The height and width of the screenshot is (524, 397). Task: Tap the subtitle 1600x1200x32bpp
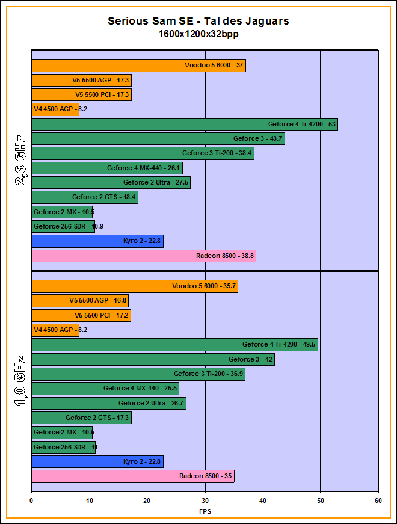click(x=198, y=34)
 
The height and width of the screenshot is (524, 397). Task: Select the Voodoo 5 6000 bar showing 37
click(x=138, y=66)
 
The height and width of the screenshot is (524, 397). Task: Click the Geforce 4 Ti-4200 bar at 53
click(x=184, y=125)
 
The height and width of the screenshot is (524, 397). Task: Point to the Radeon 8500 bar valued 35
click(x=132, y=476)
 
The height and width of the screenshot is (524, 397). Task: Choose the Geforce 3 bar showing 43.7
click(x=158, y=139)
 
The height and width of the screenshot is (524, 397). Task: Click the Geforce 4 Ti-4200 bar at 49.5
click(x=174, y=345)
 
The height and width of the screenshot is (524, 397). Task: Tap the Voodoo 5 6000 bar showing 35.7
click(x=134, y=286)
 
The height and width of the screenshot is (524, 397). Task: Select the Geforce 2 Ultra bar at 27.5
click(x=111, y=183)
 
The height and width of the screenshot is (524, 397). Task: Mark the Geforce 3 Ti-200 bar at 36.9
click(x=138, y=374)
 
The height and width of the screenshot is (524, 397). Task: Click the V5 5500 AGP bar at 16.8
click(x=79, y=301)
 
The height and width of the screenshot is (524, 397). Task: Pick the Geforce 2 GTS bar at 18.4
click(x=84, y=197)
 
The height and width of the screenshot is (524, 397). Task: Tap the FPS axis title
click(x=205, y=511)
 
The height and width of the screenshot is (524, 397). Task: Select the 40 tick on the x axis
click(x=263, y=500)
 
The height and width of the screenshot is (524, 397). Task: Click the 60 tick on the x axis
click(x=378, y=500)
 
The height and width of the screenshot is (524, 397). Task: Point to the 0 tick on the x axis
click(x=31, y=500)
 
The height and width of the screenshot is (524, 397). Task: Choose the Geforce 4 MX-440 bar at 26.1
click(x=106, y=168)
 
